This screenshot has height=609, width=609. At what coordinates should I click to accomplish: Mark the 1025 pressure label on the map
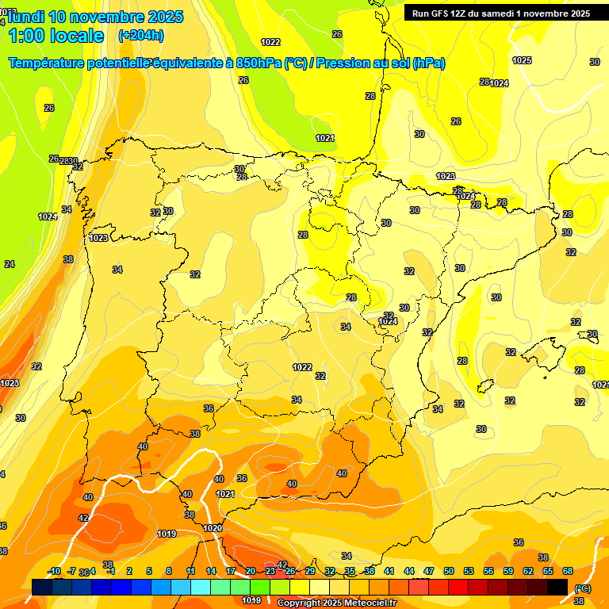pyautogui.click(x=522, y=60)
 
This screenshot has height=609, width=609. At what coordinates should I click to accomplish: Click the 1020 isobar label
pyautogui.click(x=213, y=528)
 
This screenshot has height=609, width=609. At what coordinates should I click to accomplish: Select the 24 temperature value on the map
pyautogui.click(x=10, y=264)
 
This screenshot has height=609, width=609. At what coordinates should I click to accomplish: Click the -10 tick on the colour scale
pyautogui.click(x=54, y=571)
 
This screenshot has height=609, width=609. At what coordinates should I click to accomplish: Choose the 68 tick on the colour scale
pyautogui.click(x=568, y=571)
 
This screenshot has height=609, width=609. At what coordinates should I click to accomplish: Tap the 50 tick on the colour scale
pyautogui.click(x=449, y=571)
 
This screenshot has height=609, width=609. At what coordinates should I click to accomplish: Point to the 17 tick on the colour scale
pyautogui.click(x=231, y=571)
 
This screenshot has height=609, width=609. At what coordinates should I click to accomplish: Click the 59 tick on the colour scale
pyautogui.click(x=507, y=571)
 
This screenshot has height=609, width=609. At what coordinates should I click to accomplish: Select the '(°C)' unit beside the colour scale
pyautogui.click(x=582, y=588)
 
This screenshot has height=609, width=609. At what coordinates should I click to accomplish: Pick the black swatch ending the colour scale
pyautogui.click(x=557, y=587)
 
